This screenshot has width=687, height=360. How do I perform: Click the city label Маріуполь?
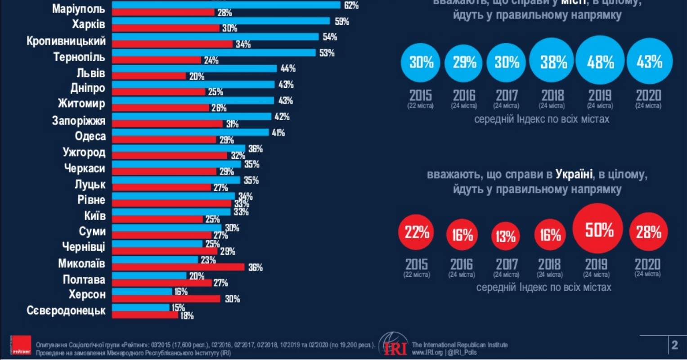pos(78,9)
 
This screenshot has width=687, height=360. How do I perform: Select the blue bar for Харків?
pos(220,21)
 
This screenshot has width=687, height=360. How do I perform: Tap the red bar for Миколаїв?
pos(178,267)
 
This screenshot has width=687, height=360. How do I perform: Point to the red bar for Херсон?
pos(166,299)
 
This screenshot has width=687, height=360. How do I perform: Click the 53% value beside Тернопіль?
pos(327,53)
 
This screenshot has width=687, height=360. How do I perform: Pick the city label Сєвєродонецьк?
pos(66,311)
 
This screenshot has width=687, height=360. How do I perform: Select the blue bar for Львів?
pos(194,68)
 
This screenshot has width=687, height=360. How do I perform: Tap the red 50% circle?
pos(598,229)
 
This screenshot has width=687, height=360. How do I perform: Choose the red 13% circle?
pos(505,236)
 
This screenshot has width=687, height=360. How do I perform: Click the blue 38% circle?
pos(553,62)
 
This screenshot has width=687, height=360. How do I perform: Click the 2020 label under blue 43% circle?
pos(648,95)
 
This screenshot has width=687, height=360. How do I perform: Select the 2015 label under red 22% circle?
pos(417,264)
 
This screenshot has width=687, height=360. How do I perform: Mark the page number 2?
pos(674,345)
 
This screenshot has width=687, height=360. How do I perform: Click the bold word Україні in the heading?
pos(574,174)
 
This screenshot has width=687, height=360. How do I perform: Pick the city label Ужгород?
pos(84,153)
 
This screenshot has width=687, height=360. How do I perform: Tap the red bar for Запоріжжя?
pos(167,124)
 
